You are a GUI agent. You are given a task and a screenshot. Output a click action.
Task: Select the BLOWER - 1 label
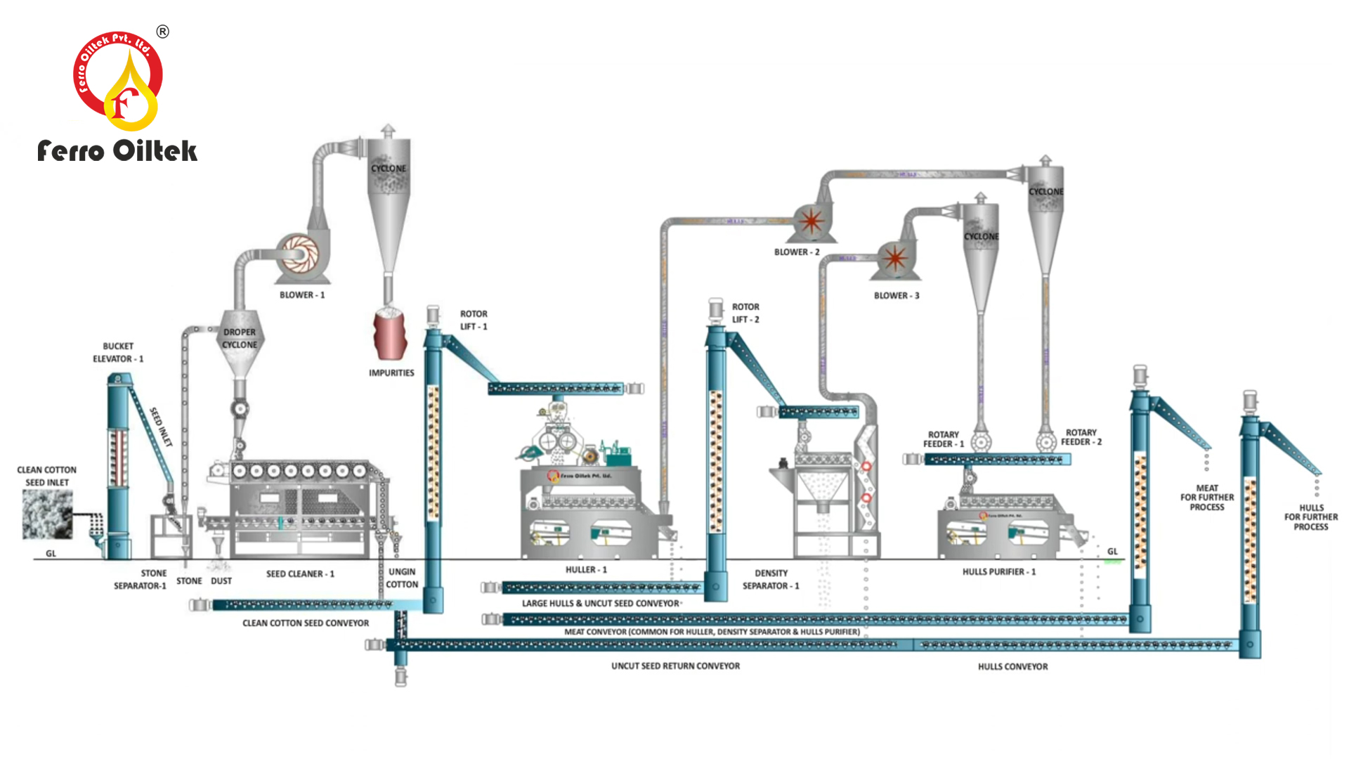[x=302, y=295]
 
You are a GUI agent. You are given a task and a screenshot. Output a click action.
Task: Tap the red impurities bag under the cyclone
[x=390, y=335]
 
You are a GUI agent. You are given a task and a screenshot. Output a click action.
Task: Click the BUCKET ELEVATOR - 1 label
[x=118, y=353]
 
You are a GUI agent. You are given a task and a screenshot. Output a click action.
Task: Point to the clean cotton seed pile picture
[x=47, y=514]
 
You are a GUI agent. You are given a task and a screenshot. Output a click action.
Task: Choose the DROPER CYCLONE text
[x=240, y=339]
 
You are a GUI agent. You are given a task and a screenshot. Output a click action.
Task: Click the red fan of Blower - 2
[x=812, y=221]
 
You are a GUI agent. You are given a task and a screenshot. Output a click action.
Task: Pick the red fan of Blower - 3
[x=894, y=258]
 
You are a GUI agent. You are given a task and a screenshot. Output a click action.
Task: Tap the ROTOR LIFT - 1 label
[x=474, y=320]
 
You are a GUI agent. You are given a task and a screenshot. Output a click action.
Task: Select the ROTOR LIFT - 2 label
[x=745, y=313]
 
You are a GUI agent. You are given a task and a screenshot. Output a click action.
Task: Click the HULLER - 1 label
[x=586, y=570]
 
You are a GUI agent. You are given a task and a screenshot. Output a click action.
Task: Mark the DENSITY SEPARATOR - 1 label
[x=771, y=580]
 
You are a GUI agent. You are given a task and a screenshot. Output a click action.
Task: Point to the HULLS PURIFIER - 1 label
[x=999, y=572]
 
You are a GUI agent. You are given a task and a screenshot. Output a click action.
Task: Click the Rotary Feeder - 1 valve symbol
[x=981, y=442]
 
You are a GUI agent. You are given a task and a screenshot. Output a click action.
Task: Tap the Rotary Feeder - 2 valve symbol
[x=1046, y=442]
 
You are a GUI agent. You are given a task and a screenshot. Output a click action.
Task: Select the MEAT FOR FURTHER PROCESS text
[x=1207, y=498]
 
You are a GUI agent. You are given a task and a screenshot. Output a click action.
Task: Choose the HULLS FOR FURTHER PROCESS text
[x=1311, y=517]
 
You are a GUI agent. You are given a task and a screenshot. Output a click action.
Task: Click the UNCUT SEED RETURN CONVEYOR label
[x=675, y=666]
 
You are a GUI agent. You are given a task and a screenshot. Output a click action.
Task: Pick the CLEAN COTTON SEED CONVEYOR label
[x=306, y=623]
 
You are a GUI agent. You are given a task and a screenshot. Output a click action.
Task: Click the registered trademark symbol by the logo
[x=163, y=32]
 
